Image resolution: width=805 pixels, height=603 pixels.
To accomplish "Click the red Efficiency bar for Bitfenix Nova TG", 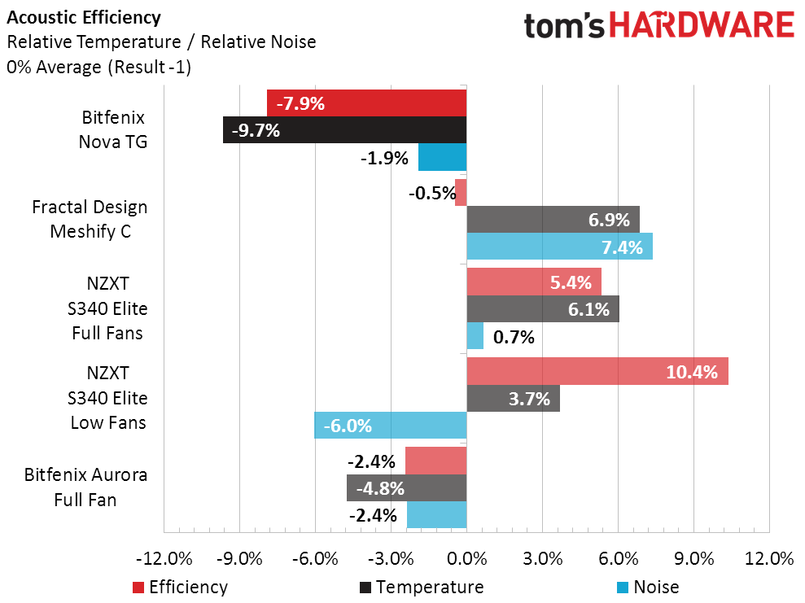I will tap(366, 103).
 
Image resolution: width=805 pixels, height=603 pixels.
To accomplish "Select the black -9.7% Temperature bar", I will tap(344, 130).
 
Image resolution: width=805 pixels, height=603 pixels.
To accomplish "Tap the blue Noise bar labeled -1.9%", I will tap(442, 157).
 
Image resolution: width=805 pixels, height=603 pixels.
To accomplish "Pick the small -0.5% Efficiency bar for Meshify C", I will tap(461, 193).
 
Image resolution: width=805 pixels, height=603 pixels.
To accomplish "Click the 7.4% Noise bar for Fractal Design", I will tap(559, 246).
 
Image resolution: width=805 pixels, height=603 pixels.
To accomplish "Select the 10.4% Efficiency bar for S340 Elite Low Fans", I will tap(597, 372).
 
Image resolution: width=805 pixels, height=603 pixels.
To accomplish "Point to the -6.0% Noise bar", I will tap(390, 425).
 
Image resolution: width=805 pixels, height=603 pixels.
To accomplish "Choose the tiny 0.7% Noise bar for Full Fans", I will tap(475, 336).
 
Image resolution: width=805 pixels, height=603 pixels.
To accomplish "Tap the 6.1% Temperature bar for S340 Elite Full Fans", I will tap(542, 309).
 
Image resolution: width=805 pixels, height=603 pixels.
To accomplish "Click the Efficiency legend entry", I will tap(179, 587).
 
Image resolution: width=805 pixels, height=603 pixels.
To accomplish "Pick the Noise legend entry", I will tap(647, 587).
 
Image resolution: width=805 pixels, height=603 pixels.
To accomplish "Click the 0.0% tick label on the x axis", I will tap(466, 559).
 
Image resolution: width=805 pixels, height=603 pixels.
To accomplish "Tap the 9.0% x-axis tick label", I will tap(693, 559).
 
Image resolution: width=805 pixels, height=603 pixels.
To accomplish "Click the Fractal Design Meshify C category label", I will tap(90, 219).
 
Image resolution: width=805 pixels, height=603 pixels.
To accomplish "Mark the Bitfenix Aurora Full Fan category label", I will tap(85, 487).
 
